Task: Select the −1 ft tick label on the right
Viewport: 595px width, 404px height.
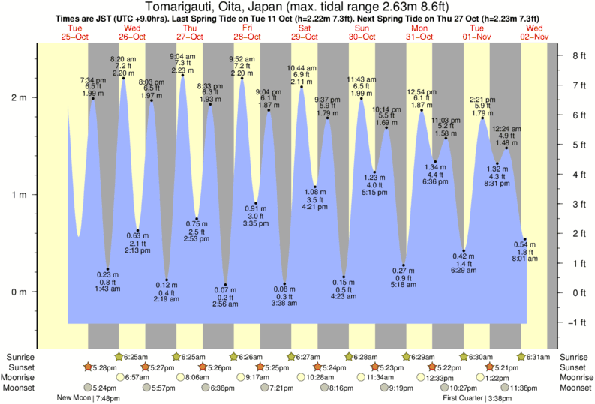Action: point(577,322)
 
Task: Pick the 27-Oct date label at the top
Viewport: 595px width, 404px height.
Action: point(190,37)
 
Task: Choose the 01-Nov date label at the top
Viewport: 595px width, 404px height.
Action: point(477,37)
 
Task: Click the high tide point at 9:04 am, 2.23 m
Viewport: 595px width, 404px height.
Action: point(182,75)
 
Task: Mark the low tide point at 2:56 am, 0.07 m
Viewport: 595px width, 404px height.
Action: point(225,285)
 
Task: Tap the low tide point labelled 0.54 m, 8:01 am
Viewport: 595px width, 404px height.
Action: point(524,239)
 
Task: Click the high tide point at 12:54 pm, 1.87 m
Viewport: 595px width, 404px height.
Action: point(422,110)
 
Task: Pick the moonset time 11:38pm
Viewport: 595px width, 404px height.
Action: point(522,388)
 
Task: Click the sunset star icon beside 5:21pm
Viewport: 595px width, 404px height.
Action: point(490,367)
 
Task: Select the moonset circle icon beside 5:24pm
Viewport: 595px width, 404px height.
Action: point(88,388)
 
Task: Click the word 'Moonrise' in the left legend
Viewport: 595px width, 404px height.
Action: point(18,378)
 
